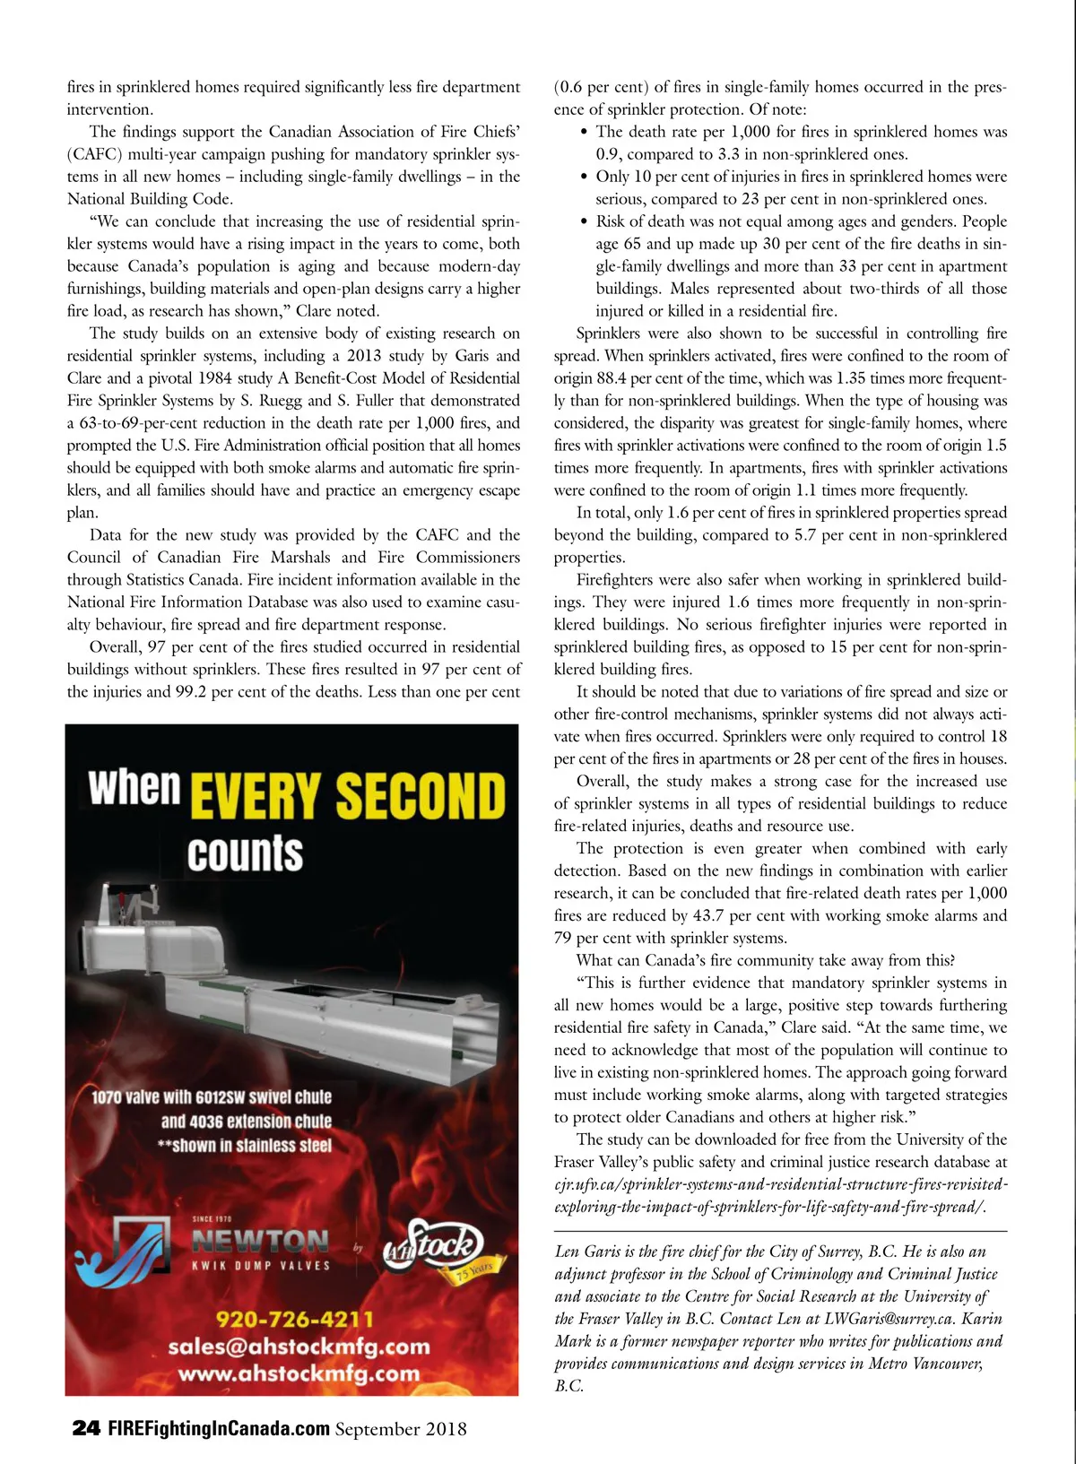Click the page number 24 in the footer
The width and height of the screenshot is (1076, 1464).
click(x=85, y=1428)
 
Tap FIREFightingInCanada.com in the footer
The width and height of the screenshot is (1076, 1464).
click(x=218, y=1428)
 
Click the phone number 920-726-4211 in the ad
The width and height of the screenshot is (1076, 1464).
click(x=295, y=1320)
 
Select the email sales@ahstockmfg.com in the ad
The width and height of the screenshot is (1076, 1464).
click(x=299, y=1347)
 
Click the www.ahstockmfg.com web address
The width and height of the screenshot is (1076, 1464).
click(x=299, y=1373)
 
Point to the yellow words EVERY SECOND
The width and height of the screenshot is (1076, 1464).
click(x=348, y=796)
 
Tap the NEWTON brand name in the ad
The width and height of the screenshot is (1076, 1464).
click(x=261, y=1241)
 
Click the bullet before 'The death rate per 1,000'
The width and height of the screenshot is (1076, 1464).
click(x=585, y=132)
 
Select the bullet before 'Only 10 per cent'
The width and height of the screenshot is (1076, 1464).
click(x=585, y=177)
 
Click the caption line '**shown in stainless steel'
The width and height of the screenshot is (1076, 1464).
click(x=244, y=1145)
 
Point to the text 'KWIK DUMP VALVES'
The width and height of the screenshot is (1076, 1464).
click(x=261, y=1266)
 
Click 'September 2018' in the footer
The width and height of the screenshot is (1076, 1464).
click(x=401, y=1428)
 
